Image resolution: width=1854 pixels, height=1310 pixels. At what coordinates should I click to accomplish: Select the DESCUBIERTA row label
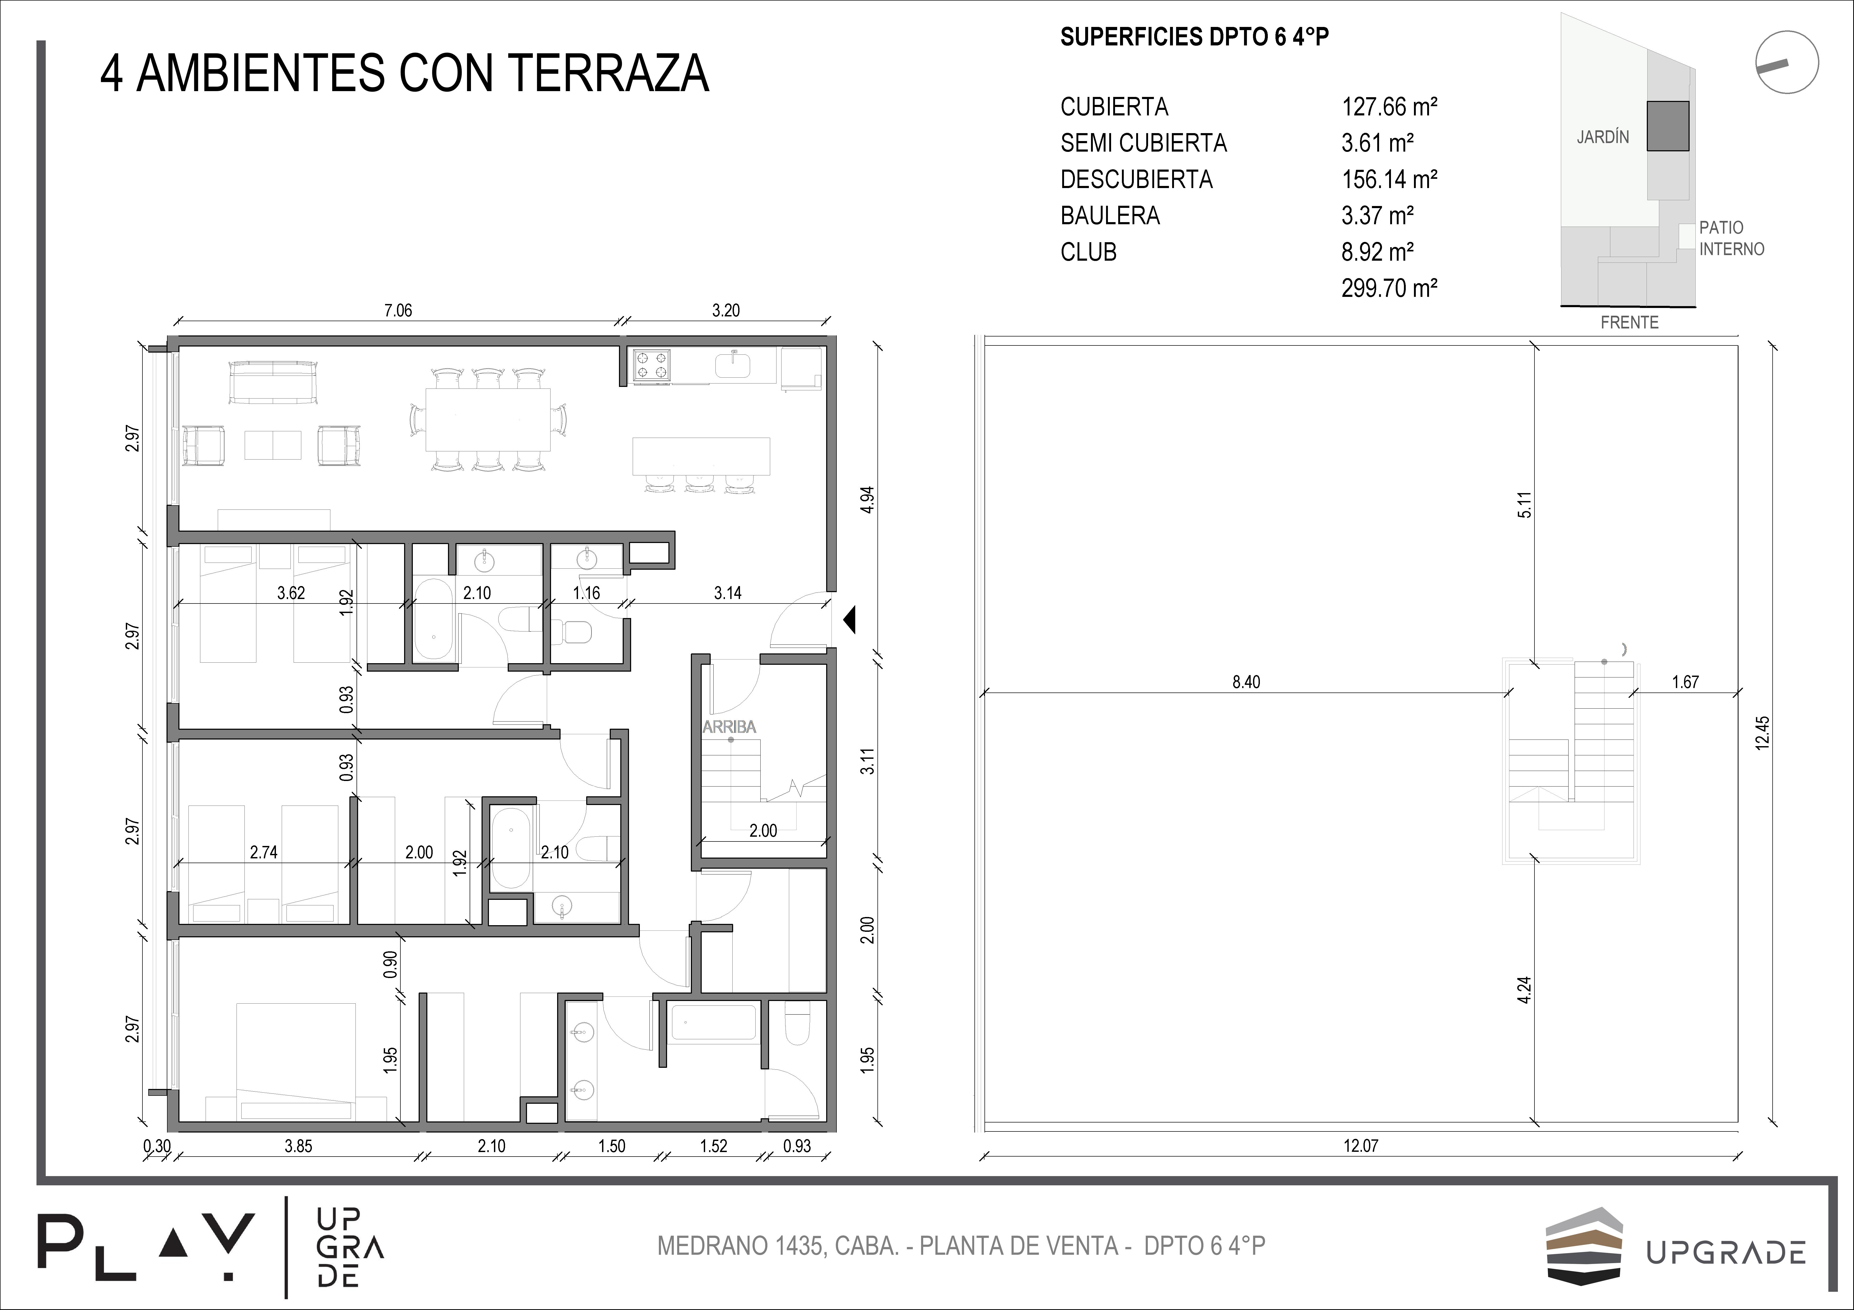(x=1136, y=179)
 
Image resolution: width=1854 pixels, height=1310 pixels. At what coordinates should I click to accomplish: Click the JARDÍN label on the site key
(x=1603, y=137)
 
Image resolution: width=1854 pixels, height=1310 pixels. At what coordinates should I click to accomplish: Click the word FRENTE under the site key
(x=1630, y=322)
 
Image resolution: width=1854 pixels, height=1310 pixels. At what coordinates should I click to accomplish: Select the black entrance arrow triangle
(x=849, y=620)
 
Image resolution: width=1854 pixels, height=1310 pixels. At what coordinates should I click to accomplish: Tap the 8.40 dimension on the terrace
(x=1246, y=682)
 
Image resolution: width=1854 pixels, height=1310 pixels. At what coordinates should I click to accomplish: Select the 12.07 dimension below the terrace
(x=1361, y=1145)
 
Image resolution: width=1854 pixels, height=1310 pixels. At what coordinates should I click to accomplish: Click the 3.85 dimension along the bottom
(x=299, y=1145)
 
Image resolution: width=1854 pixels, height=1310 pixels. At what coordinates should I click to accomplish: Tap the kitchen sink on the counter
(x=733, y=365)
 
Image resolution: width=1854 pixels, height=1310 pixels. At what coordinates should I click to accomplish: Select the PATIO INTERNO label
(x=1731, y=238)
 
